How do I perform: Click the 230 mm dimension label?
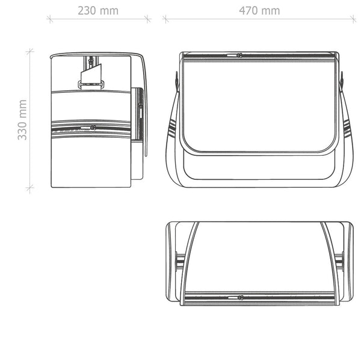pos(98,11)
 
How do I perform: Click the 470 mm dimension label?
pos(259,11)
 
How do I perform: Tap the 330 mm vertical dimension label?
pos(22,120)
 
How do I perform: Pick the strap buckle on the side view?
pos(91,84)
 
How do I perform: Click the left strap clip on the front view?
pos(176,81)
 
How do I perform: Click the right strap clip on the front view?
pos(342,81)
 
